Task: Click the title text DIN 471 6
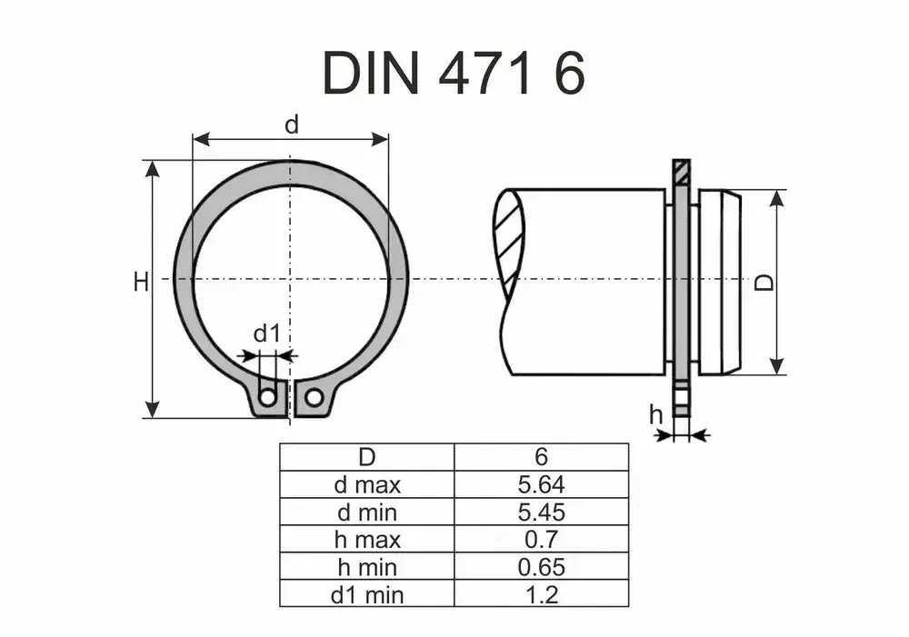tap(454, 73)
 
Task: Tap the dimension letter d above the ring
tap(291, 124)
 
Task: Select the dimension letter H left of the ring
tap(140, 283)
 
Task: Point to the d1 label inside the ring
tap(266, 334)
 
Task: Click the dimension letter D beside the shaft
tap(765, 283)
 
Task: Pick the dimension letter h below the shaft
tap(655, 415)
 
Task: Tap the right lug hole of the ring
tap(314, 397)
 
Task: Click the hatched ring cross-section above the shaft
tap(682, 171)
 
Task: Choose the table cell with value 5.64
tap(541, 484)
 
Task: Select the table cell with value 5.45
tap(541, 512)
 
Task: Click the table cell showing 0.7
tap(541, 540)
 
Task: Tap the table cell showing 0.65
tap(541, 567)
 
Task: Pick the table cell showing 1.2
tap(541, 595)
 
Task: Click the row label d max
tap(367, 484)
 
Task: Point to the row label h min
tap(367, 567)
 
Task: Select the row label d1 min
tap(367, 595)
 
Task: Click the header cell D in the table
tap(367, 456)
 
